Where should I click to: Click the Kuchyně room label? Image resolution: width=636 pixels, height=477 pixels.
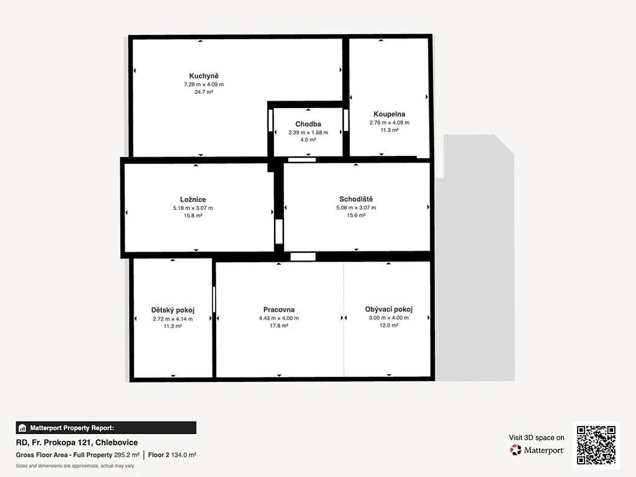(204, 76)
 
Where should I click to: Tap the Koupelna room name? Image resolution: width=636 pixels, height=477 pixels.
(389, 114)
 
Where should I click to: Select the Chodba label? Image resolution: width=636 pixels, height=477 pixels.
(308, 124)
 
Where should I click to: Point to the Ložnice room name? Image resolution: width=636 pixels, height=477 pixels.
(193, 199)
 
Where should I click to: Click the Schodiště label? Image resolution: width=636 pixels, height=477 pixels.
(356, 199)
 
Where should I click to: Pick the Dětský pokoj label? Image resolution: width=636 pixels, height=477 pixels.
(173, 311)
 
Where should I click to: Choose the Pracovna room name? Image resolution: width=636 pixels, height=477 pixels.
(279, 310)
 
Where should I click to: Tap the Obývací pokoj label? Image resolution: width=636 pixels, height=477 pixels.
(389, 309)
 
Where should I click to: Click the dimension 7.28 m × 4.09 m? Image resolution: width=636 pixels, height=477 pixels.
(204, 84)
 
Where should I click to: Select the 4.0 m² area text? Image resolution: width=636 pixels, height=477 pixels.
(308, 140)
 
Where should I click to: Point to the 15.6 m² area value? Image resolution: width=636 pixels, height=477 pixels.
(356, 215)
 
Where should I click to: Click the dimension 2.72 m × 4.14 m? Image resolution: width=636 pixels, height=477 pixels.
(173, 319)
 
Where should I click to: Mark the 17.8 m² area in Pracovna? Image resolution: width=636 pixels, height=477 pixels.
(279, 325)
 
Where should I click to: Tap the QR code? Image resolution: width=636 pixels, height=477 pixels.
(596, 445)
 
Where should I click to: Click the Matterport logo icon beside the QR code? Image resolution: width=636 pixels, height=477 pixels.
(516, 450)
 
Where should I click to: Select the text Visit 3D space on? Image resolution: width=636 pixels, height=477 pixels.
(537, 438)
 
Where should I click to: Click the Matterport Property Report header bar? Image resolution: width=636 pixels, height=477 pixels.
(106, 428)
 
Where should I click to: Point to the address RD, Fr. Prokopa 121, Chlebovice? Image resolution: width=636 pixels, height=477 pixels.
(77, 442)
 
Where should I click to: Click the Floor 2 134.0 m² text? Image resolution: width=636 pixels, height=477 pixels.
(172, 455)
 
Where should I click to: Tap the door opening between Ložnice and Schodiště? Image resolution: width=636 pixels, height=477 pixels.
(279, 232)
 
